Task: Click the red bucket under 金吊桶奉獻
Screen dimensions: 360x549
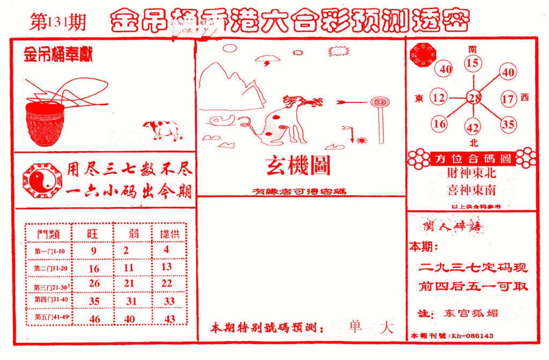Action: pos(47,124)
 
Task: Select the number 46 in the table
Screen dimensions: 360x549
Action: pos(94,319)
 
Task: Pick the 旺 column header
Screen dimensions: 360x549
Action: pos(93,233)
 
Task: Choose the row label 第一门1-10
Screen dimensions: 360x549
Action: pos(49,251)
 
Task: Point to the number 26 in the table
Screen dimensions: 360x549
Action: pos(94,283)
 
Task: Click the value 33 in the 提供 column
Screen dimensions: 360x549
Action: pos(169,301)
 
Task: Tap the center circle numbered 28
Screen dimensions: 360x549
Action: pos(473,98)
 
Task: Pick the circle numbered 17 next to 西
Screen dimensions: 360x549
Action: pos(508,98)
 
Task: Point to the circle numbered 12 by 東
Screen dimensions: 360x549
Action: pos(439,98)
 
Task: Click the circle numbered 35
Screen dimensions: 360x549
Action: pos(508,124)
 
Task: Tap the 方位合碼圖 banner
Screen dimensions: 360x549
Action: pos(471,159)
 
